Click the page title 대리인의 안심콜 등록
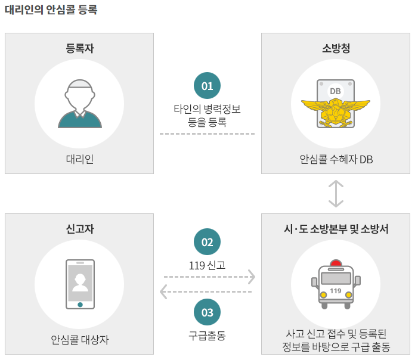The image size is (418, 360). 51,10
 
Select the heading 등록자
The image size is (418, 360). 79,49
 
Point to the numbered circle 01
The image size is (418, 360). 207,86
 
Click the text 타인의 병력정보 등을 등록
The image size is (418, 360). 207,116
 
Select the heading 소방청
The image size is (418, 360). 336,49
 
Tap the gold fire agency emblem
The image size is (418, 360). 335,110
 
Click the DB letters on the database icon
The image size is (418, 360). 335,91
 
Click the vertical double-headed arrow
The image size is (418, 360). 336,193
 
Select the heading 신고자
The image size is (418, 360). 79,229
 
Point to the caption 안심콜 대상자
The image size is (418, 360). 79,340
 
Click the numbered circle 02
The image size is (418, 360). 207,242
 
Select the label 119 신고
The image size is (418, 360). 207,264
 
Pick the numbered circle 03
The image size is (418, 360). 207,312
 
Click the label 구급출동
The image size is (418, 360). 207,335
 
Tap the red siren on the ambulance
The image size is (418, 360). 336,263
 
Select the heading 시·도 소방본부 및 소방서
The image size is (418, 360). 336,229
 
